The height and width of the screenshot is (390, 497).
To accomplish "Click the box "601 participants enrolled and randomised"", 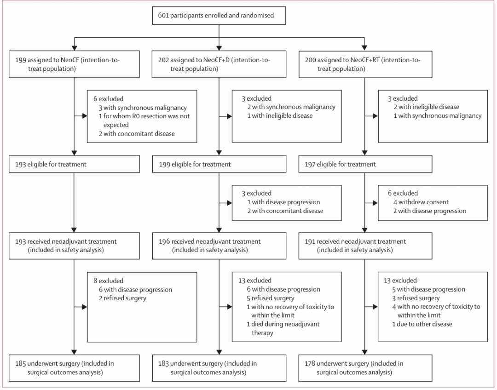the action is click(x=219, y=16).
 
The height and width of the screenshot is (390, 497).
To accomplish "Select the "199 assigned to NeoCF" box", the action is click(x=74, y=64).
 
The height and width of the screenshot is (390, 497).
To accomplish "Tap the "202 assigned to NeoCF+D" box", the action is click(x=219, y=64).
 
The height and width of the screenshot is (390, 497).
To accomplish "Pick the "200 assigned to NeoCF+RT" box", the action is click(x=365, y=64).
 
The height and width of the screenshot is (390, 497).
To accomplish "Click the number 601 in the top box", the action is click(x=163, y=16).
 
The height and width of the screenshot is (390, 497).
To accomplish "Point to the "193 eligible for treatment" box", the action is click(x=74, y=164).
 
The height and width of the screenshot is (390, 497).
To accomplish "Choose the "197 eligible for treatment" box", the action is click(x=365, y=164).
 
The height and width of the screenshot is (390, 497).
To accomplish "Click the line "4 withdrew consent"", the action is click(x=421, y=202).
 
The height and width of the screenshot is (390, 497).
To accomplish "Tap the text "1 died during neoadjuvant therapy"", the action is click(x=283, y=328).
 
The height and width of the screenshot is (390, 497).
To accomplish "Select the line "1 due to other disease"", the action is click(x=422, y=324).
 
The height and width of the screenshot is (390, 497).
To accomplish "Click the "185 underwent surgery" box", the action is click(x=74, y=368).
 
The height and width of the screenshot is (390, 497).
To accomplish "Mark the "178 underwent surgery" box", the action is click(x=365, y=368).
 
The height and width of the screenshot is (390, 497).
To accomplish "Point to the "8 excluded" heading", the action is click(x=108, y=281).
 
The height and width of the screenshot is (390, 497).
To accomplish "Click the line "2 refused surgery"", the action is click(x=122, y=298).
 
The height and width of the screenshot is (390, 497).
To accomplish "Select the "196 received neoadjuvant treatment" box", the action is click(x=219, y=246).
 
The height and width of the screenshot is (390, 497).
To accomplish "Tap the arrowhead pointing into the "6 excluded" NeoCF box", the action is click(x=85, y=116).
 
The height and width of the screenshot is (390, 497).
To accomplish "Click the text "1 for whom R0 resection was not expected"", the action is click(x=144, y=120).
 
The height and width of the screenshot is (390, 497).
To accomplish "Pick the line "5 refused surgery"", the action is click(x=271, y=298).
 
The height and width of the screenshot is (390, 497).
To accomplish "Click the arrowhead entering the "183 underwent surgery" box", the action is click(x=219, y=352).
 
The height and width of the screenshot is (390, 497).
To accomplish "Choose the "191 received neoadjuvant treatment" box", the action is click(x=365, y=246).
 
